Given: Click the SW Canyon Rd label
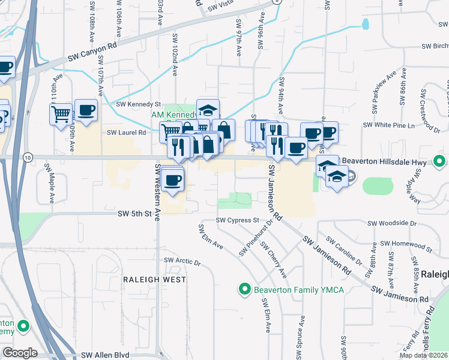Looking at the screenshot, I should coord(90,51).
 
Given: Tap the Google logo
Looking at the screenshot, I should coord(20,353).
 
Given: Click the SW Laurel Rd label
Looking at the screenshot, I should coord(127,133).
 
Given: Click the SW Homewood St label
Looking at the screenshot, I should coord(408,244).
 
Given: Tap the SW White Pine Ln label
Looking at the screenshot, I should coord(389,125).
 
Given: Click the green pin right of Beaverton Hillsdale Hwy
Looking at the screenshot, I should coord(439,161).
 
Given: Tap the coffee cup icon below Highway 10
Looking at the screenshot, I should coord(173,179).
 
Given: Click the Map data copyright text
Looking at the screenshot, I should coord(424,355).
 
